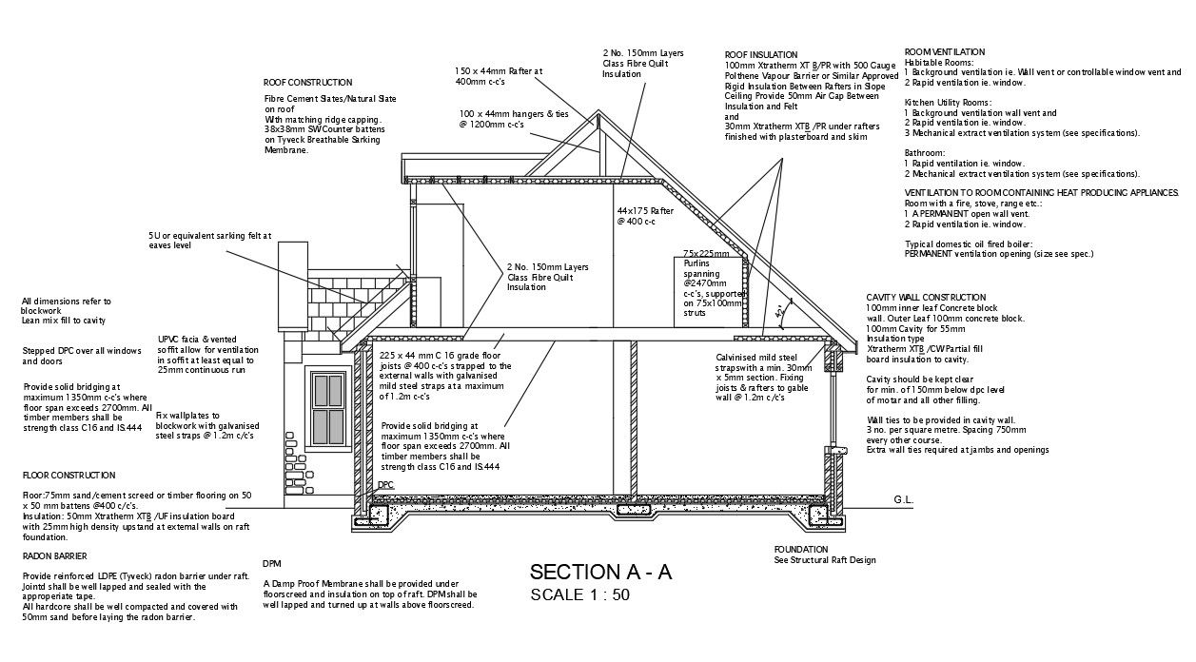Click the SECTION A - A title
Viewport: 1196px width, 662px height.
(x=600, y=572)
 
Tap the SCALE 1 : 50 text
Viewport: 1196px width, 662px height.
(x=579, y=596)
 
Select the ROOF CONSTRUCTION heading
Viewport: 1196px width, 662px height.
(x=307, y=83)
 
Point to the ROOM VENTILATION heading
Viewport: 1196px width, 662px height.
(x=944, y=51)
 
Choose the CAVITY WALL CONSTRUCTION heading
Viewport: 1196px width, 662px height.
(x=926, y=298)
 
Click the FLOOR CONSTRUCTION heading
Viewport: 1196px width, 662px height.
(x=69, y=475)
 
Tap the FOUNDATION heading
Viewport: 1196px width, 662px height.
(x=801, y=550)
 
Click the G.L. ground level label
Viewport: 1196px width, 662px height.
(x=903, y=499)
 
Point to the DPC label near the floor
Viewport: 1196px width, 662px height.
(x=385, y=485)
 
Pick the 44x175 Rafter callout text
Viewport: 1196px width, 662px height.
(x=645, y=216)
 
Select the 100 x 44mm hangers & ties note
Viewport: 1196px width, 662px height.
(x=513, y=119)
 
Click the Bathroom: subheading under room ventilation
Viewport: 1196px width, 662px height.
(x=925, y=153)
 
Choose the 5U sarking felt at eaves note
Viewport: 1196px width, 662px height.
(x=209, y=240)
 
